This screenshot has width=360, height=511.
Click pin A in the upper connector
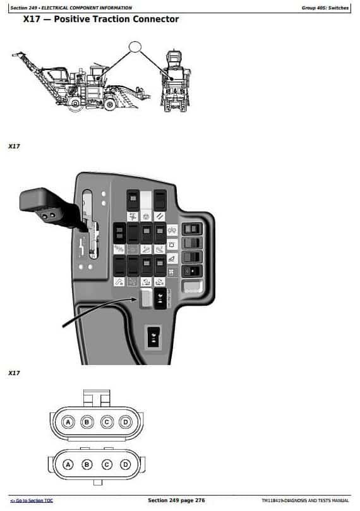pos(68,423)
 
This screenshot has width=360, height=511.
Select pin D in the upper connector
pos(126,423)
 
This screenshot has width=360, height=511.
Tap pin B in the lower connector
pos(87,464)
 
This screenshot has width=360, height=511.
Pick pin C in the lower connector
pos(107,464)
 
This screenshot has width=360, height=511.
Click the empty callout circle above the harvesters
pos(135,47)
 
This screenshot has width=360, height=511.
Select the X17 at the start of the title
pos(32,19)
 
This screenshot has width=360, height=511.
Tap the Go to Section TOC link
pos(32,500)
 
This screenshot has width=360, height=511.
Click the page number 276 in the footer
pos(200,500)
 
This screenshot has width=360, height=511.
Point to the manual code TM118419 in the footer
pos(272,500)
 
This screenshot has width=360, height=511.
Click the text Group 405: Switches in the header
pos(325,8)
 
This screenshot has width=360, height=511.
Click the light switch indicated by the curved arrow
pos(146,298)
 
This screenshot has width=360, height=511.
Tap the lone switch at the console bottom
pos(153,336)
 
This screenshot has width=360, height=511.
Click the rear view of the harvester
pos(176,81)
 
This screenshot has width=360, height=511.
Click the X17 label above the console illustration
pos(14,147)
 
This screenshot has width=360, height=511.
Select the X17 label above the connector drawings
pos(14,373)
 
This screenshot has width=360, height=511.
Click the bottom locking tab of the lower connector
pos(98,483)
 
